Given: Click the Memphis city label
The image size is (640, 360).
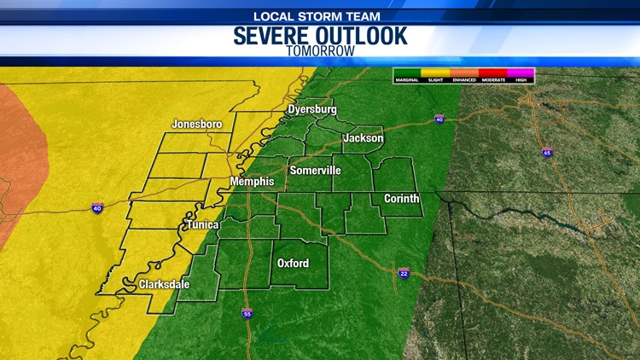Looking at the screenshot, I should [252, 182].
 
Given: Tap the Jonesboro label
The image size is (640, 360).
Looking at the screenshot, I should [196, 124].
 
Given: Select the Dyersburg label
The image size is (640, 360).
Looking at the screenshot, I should [311, 109].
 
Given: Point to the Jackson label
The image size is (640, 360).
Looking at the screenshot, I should [363, 137].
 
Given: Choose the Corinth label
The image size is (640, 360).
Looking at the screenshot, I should [400, 199].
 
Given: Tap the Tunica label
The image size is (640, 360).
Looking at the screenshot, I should [204, 224].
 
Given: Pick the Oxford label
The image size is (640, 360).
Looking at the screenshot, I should [293, 263].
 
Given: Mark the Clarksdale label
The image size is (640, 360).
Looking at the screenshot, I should [164, 284].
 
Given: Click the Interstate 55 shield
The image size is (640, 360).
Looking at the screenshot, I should [246, 314].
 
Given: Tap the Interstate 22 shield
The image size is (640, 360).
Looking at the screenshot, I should [404, 272].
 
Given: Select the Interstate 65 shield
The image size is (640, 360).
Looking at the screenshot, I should [545, 153].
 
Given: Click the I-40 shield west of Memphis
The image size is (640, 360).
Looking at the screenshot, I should [98, 208].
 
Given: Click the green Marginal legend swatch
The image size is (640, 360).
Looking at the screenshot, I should [407, 73].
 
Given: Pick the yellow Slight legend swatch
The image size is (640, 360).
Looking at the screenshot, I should [435, 73].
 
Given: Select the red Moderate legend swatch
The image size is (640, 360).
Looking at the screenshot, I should [493, 73].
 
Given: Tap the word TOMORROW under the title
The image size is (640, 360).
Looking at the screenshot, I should [321, 50].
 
